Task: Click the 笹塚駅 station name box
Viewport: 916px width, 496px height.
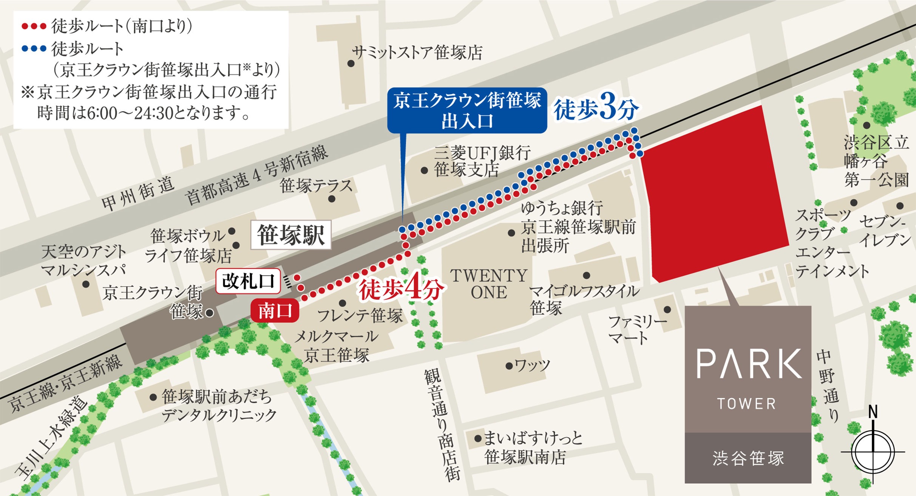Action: click(291, 235)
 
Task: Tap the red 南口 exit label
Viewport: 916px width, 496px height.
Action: click(275, 311)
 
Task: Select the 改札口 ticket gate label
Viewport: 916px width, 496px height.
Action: click(248, 281)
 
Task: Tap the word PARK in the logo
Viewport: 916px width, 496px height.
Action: click(748, 364)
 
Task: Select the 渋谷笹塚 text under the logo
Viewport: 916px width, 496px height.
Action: click(748, 458)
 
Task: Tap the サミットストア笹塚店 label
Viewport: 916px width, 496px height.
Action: click(417, 53)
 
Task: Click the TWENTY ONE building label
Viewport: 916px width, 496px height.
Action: click(488, 284)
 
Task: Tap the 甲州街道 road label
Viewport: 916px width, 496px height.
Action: click(138, 193)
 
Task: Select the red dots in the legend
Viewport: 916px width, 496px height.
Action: click(34, 26)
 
